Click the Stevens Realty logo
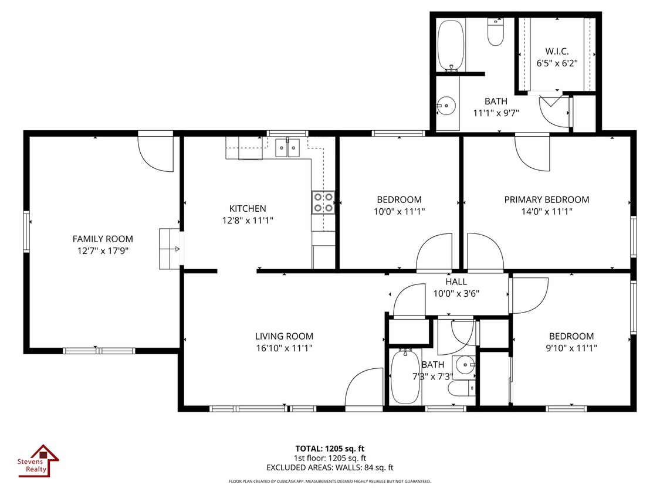coord(38,460)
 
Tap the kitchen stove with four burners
coord(323,202)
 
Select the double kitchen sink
coord(287,148)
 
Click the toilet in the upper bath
coord(496,32)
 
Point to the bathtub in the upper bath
coord(451,45)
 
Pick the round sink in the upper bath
coord(446,105)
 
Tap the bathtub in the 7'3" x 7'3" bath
coord(405,377)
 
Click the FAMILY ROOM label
coord(103,239)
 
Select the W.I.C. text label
coord(557,52)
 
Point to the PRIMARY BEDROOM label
coord(547,199)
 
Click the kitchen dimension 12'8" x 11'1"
coord(248,220)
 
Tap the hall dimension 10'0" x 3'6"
coord(456,293)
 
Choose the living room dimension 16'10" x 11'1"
coord(284,348)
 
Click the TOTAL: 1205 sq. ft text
coord(330,449)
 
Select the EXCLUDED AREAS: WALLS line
coord(330,467)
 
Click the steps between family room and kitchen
coord(170,249)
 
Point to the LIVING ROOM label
coord(284,336)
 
